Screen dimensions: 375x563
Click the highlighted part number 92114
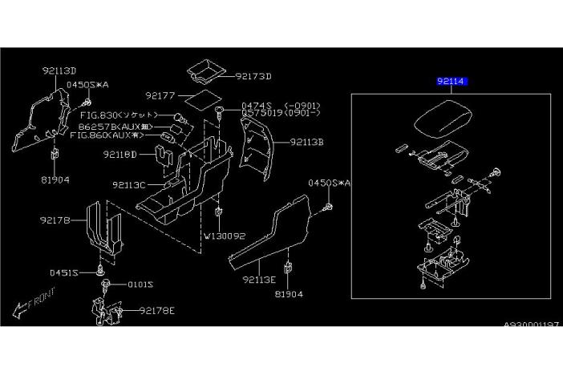point(452,82)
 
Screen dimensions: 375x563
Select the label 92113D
point(59,70)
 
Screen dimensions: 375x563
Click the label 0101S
point(138,284)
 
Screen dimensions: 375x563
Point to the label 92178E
point(158,310)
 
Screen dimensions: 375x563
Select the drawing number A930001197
point(530,325)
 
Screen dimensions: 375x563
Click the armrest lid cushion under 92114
point(449,120)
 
